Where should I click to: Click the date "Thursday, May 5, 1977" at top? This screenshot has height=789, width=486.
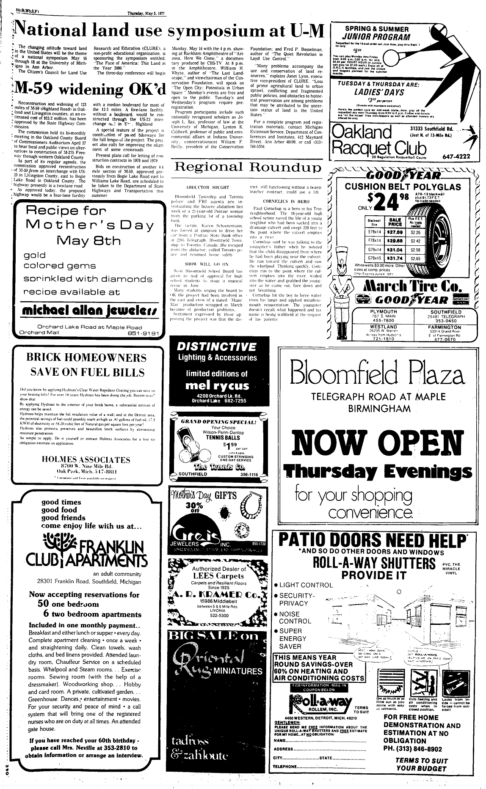point(146,13)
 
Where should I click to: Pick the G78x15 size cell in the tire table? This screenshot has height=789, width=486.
point(375,258)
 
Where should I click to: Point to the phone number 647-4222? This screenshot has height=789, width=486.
point(456,157)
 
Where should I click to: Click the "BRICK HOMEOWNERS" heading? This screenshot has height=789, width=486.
point(86,357)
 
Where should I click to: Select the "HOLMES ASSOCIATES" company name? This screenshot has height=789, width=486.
point(86,459)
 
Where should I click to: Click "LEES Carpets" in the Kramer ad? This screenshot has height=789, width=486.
point(216,576)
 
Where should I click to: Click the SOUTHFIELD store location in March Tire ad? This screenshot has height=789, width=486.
point(445,312)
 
